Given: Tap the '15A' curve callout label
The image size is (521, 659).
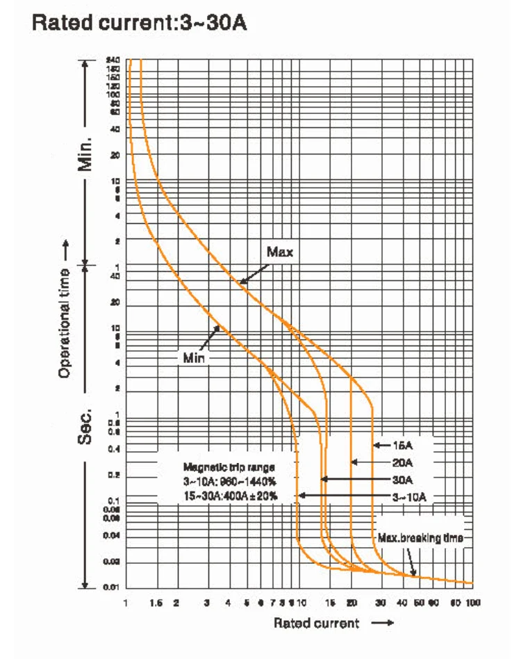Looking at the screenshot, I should (x=403, y=445).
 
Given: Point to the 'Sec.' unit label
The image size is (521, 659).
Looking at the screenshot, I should (x=85, y=425).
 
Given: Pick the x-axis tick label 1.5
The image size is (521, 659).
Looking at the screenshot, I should (x=156, y=601).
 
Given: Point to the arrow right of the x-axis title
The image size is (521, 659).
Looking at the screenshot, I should (x=383, y=624).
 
